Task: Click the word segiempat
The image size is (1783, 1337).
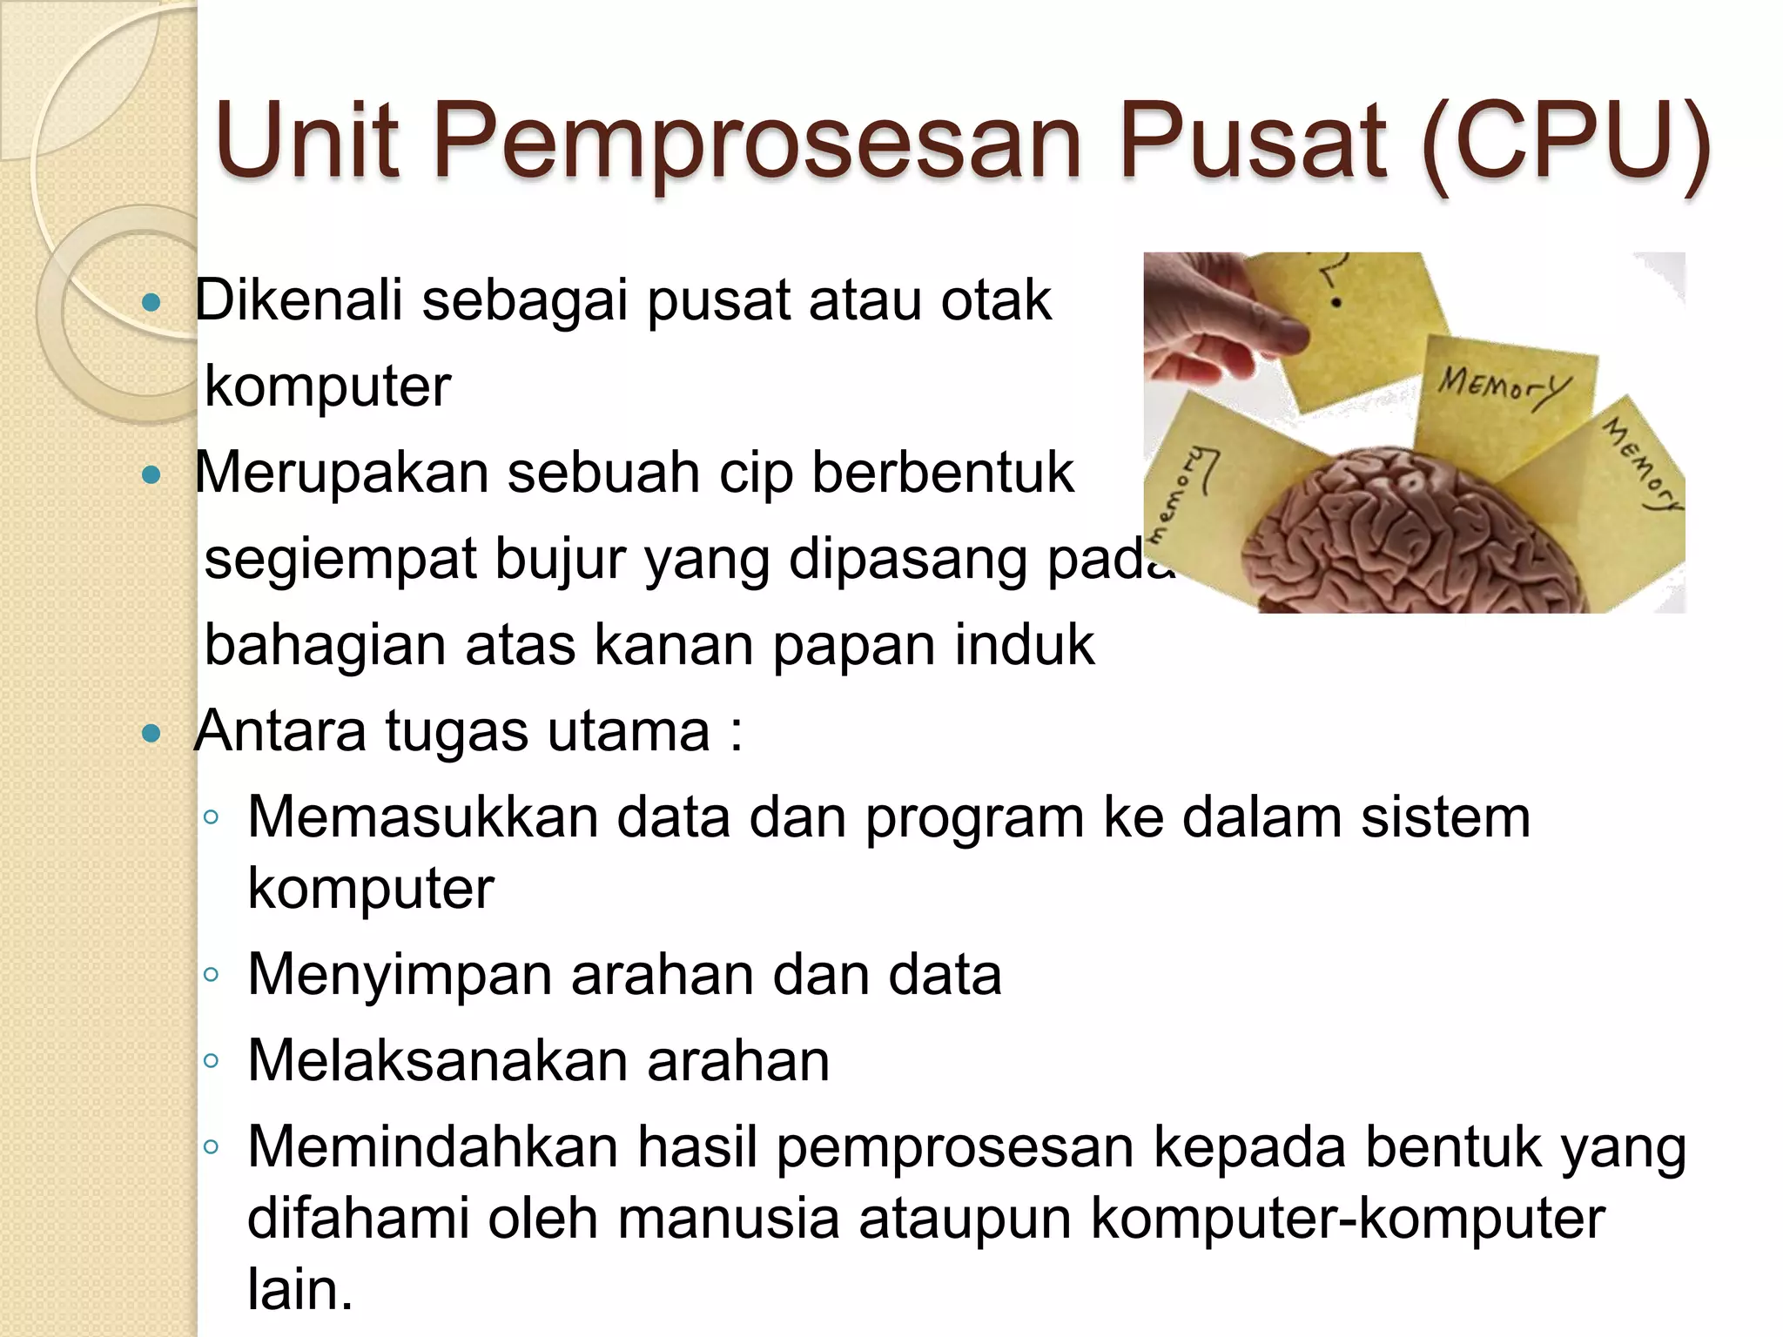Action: tap(340, 560)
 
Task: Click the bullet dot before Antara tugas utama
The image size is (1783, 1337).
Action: tap(151, 734)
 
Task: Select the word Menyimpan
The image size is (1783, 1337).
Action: tap(400, 974)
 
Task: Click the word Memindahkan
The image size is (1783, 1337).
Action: tap(432, 1147)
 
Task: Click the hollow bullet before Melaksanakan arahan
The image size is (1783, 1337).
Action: tap(211, 1061)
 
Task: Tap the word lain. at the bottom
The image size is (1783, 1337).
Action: tap(300, 1289)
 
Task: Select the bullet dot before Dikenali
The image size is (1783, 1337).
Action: tap(151, 303)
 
